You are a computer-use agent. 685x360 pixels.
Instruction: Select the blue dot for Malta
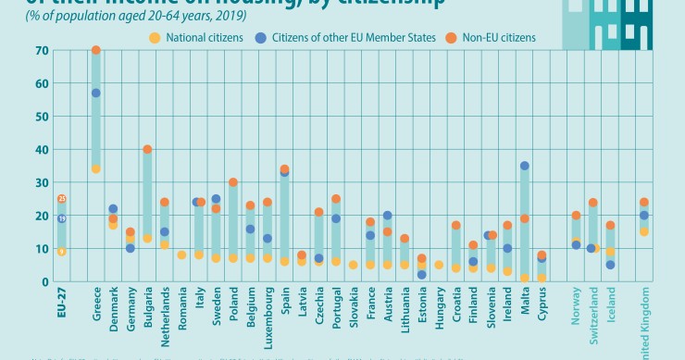point(525,166)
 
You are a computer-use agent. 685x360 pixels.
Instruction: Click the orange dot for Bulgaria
point(147,149)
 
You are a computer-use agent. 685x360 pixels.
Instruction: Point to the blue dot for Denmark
point(113,209)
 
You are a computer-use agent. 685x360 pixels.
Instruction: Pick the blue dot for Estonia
point(422,275)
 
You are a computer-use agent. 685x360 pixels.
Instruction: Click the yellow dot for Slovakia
point(353,265)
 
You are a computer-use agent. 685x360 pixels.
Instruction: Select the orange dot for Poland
point(233,182)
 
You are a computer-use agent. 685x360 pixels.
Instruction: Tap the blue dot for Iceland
point(610,265)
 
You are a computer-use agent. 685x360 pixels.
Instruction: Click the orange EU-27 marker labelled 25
point(61,199)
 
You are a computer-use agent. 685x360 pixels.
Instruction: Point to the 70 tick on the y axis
point(43,50)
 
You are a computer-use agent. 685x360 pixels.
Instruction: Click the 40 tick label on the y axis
point(43,149)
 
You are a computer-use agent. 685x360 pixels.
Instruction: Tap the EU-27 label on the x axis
point(61,304)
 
